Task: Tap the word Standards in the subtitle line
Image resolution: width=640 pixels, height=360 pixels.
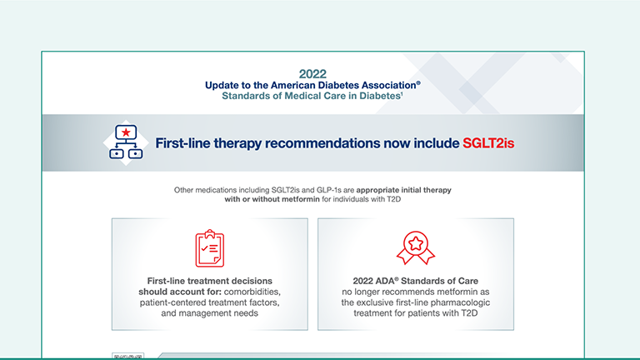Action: point(247,96)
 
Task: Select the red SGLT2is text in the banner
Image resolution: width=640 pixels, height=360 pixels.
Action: point(488,143)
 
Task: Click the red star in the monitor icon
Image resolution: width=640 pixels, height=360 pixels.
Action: point(125,132)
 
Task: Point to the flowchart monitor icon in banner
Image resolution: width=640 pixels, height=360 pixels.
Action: point(125,142)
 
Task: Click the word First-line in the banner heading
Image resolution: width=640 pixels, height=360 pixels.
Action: point(185,143)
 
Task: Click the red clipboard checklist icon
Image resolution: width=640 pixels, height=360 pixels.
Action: point(209,247)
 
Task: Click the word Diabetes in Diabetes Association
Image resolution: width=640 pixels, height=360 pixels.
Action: point(357,85)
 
